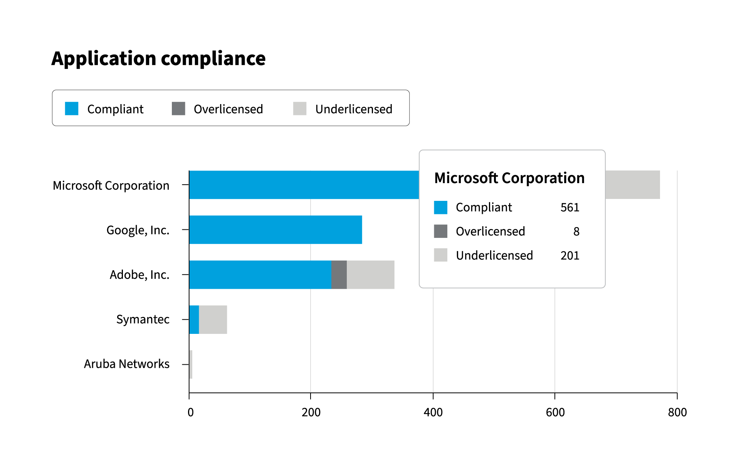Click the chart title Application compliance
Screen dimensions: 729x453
pos(158,59)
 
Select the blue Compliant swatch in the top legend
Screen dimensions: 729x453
pos(72,108)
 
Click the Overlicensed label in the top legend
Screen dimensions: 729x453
pos(228,109)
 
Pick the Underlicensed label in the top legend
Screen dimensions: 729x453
pos(354,109)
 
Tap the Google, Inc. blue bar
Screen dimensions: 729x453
pos(275,230)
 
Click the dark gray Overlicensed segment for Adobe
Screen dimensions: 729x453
pos(339,274)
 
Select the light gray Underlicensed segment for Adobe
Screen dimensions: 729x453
pos(371,274)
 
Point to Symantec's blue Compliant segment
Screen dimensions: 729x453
pos(194,320)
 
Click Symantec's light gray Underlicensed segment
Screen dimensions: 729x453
pos(213,320)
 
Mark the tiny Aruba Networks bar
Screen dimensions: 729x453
pos(191,364)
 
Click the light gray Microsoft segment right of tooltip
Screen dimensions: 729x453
pos(633,185)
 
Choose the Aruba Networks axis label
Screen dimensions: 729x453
pos(127,364)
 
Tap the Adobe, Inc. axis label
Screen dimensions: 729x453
pos(139,275)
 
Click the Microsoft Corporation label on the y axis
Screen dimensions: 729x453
pos(111,185)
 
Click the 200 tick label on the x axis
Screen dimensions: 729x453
pos(311,413)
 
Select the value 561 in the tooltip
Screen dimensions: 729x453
pos(570,207)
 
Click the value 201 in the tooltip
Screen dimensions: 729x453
pos(570,256)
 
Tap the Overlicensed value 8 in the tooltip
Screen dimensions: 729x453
pos(576,231)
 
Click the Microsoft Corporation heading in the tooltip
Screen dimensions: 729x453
pos(509,178)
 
